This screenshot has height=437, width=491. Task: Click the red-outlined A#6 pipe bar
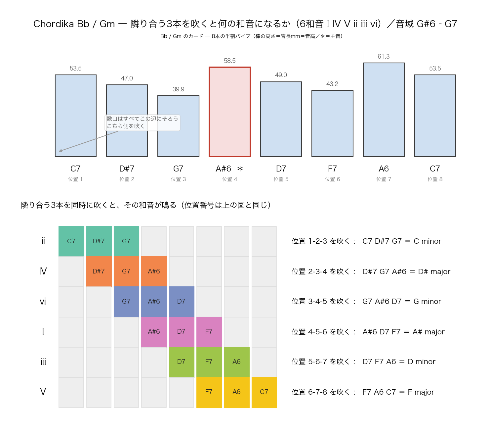229,112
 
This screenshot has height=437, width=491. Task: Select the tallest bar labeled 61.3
384,110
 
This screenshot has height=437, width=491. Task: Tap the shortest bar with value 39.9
178,126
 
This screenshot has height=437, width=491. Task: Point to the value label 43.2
332,84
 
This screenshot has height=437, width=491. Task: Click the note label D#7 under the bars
127,169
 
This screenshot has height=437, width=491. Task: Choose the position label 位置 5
281,179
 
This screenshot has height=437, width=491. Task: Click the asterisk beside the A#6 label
240,169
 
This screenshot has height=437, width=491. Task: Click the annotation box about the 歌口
142,122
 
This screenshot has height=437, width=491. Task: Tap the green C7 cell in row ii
71,241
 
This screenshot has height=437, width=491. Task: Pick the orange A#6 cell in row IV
154,271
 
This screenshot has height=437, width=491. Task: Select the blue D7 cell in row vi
181,301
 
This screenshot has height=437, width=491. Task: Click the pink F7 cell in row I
209,331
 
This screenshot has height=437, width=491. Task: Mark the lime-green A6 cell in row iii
236,362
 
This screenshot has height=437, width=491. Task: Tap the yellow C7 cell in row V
264,392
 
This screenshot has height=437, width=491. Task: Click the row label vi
43,301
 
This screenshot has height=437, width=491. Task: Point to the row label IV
43,271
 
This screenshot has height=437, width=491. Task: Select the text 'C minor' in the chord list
427,241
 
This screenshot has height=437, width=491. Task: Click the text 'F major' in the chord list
421,392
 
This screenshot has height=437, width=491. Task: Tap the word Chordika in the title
54,24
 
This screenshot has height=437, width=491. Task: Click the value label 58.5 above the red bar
229,60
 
